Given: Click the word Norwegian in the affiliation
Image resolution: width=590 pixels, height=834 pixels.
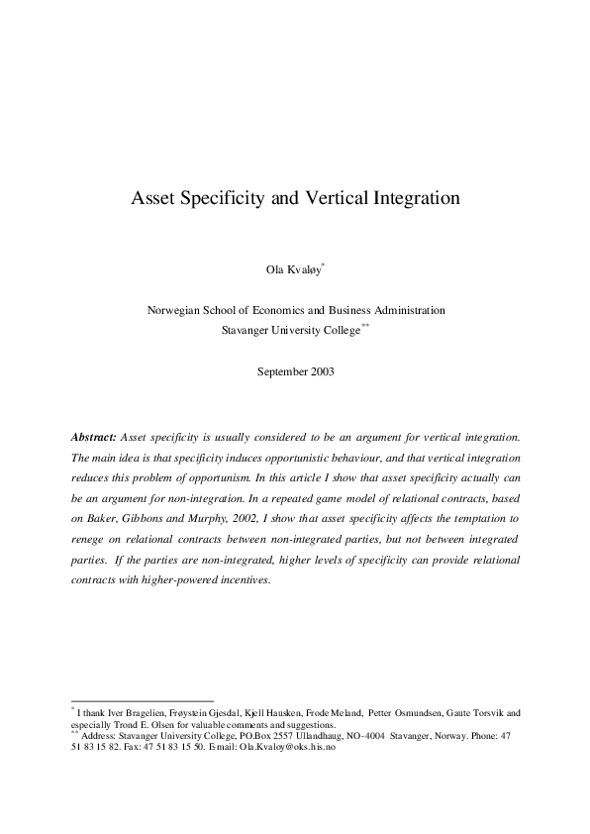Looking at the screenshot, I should click(x=175, y=310).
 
